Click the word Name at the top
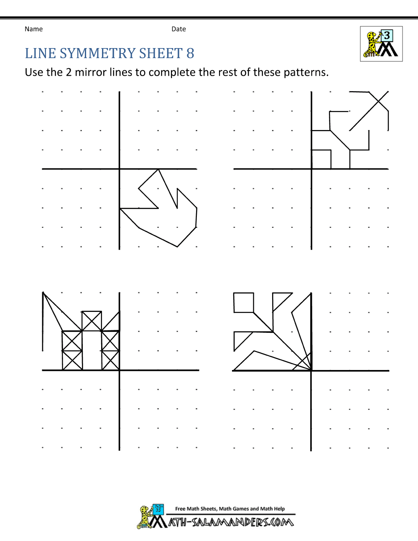click(x=33, y=29)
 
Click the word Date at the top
click(x=178, y=29)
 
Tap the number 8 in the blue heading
click(x=190, y=54)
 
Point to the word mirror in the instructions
click(x=91, y=72)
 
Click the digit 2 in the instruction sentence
click(x=69, y=72)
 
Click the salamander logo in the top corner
click(x=381, y=44)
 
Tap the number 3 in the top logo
click(x=387, y=36)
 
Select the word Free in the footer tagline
click(x=180, y=509)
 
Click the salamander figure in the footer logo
click(x=145, y=517)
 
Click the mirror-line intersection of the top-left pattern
click(x=120, y=169)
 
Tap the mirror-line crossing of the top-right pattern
click(x=311, y=169)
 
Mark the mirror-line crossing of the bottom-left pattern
click(x=120, y=370)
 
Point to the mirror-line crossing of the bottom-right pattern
click(x=311, y=370)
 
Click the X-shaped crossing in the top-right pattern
click(x=379, y=101)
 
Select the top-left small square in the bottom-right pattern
click(x=244, y=303)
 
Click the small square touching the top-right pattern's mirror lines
click(x=321, y=159)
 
